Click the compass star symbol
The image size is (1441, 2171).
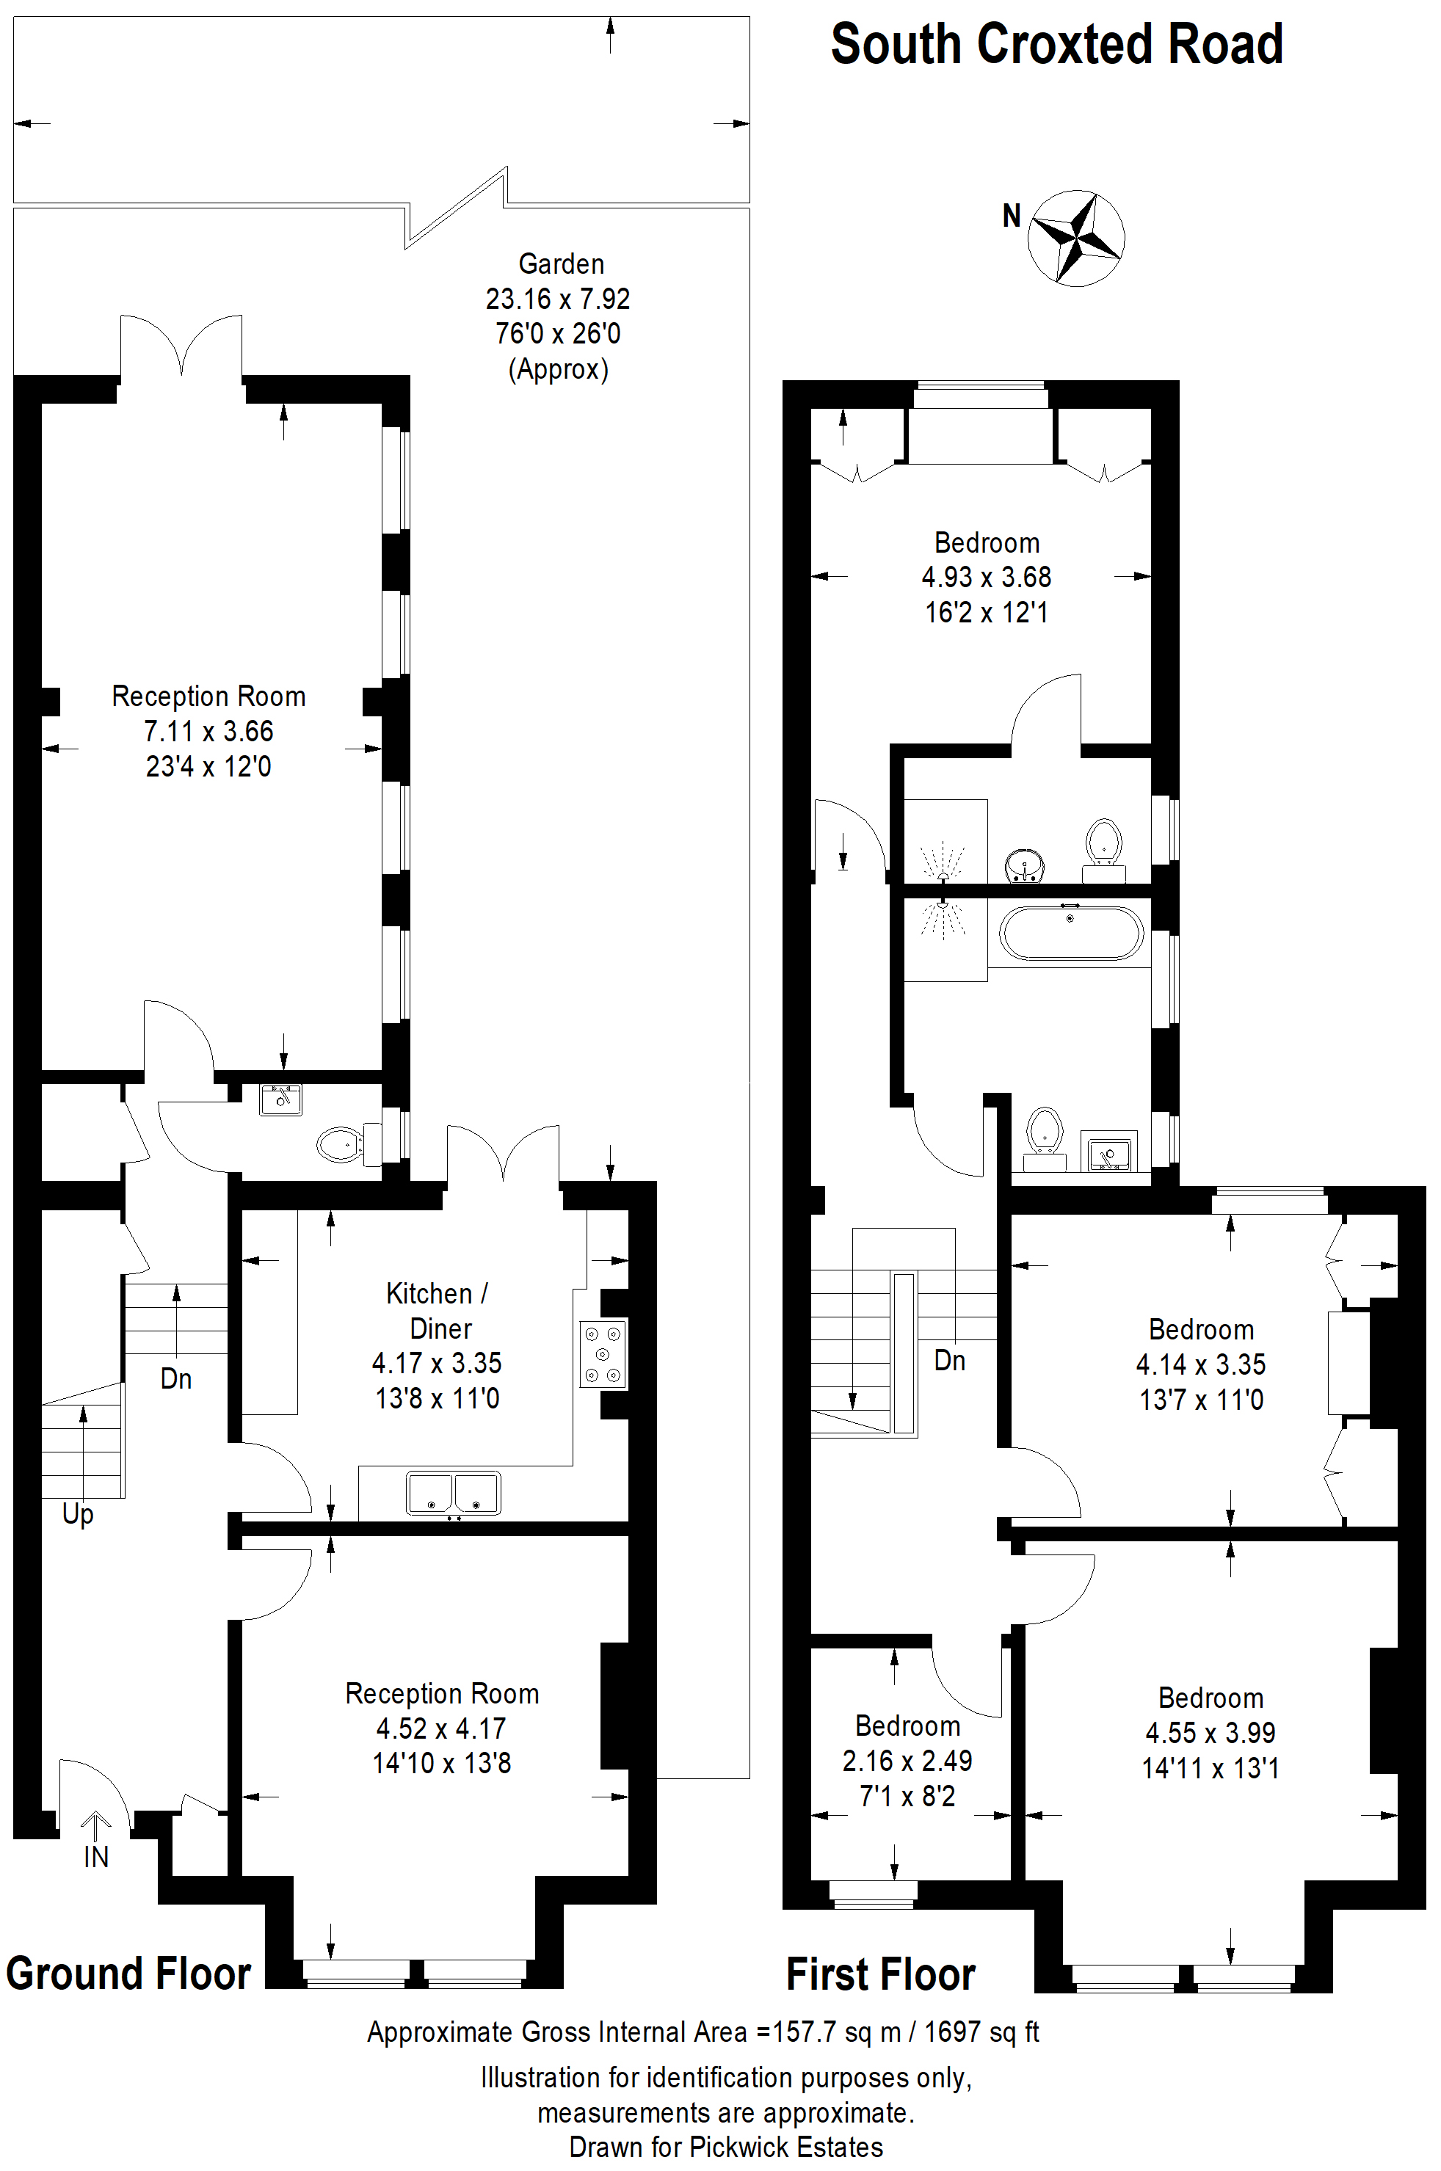pos(1075,238)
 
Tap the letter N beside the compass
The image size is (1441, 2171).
pos(1011,216)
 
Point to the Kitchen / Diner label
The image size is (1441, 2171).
pos(438,1311)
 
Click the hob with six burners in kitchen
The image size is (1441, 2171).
pos(604,1353)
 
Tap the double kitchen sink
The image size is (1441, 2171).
pos(454,1493)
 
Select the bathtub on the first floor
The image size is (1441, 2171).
pos(1070,934)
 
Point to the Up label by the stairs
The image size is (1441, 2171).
pos(78,1514)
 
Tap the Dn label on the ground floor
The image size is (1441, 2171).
pos(175,1378)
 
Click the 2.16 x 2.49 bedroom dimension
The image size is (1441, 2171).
pos(907,1760)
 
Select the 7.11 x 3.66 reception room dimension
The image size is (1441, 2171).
pos(208,731)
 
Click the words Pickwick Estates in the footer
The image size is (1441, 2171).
pos(787,2147)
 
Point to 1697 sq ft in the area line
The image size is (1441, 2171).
pos(981,2032)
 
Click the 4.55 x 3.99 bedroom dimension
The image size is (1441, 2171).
pos(1210,1733)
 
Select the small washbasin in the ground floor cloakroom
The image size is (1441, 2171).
pos(280,1099)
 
